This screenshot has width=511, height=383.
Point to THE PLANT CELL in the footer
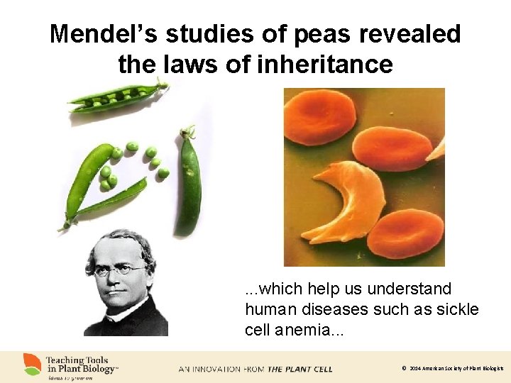coord(300,369)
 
